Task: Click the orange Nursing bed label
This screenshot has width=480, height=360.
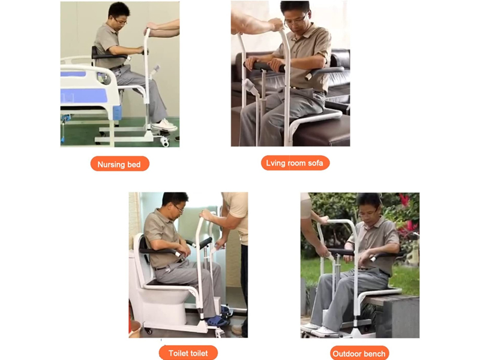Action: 119,164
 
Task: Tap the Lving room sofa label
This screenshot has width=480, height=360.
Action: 295,163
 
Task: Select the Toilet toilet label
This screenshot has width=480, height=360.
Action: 188,353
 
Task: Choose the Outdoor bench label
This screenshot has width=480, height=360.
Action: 359,353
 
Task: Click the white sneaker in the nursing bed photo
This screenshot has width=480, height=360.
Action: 164,125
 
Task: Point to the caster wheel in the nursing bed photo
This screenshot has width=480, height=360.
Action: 164,142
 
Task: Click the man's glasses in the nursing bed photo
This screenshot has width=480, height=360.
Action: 121,22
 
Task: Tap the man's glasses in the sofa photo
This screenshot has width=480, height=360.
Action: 295,20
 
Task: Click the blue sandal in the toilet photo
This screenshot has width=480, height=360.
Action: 217,321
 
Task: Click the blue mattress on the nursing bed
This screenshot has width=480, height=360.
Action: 83,95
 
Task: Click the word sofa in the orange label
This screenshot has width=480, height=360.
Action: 316,163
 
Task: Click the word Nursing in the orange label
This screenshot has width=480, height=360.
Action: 111,164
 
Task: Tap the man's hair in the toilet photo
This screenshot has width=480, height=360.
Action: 174,198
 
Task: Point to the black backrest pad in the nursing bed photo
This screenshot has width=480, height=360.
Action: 95,52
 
